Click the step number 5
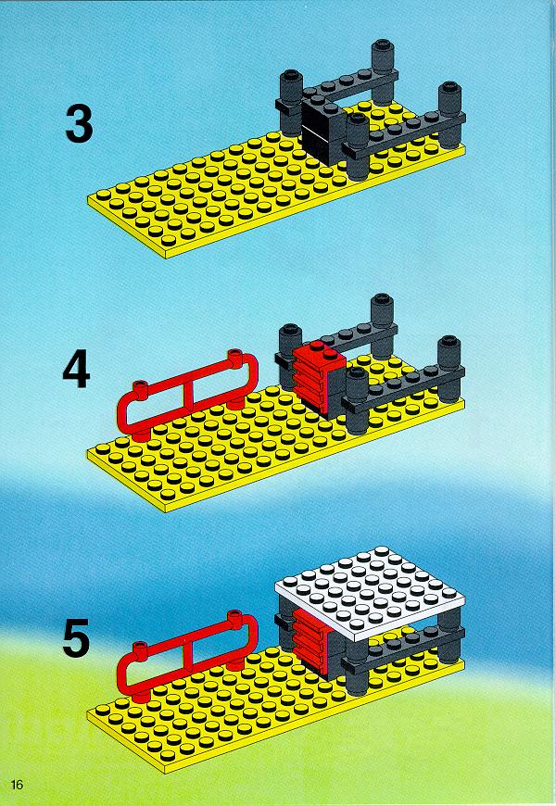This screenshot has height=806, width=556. click(76, 638)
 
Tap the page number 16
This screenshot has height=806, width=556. click(17, 785)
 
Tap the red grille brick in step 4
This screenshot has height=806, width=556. click(318, 378)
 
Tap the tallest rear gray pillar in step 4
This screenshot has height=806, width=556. click(382, 326)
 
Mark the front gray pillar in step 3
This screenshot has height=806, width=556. click(358, 146)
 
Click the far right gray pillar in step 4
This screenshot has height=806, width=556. click(450, 369)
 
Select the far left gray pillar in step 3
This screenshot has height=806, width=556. click(292, 102)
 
